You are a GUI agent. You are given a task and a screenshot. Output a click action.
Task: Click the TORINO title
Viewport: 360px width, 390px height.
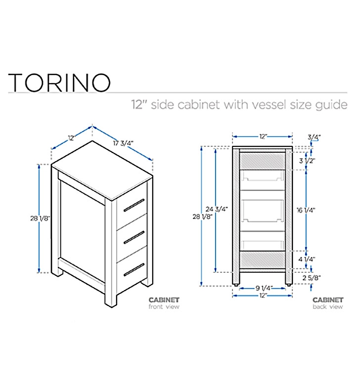[x=59, y=82]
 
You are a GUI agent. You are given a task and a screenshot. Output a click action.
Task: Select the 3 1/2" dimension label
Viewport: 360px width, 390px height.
[x=307, y=161]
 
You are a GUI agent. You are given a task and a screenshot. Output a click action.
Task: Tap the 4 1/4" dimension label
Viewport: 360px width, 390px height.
[x=307, y=259]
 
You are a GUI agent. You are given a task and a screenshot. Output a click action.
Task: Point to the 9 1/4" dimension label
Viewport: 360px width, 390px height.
[x=263, y=287]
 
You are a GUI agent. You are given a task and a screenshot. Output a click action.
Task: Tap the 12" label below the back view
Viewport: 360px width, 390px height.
[x=263, y=295]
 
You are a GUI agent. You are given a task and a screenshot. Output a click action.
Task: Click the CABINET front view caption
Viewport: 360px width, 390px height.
[x=164, y=303]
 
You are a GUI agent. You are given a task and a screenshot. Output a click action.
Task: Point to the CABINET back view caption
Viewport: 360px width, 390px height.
[x=327, y=303]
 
